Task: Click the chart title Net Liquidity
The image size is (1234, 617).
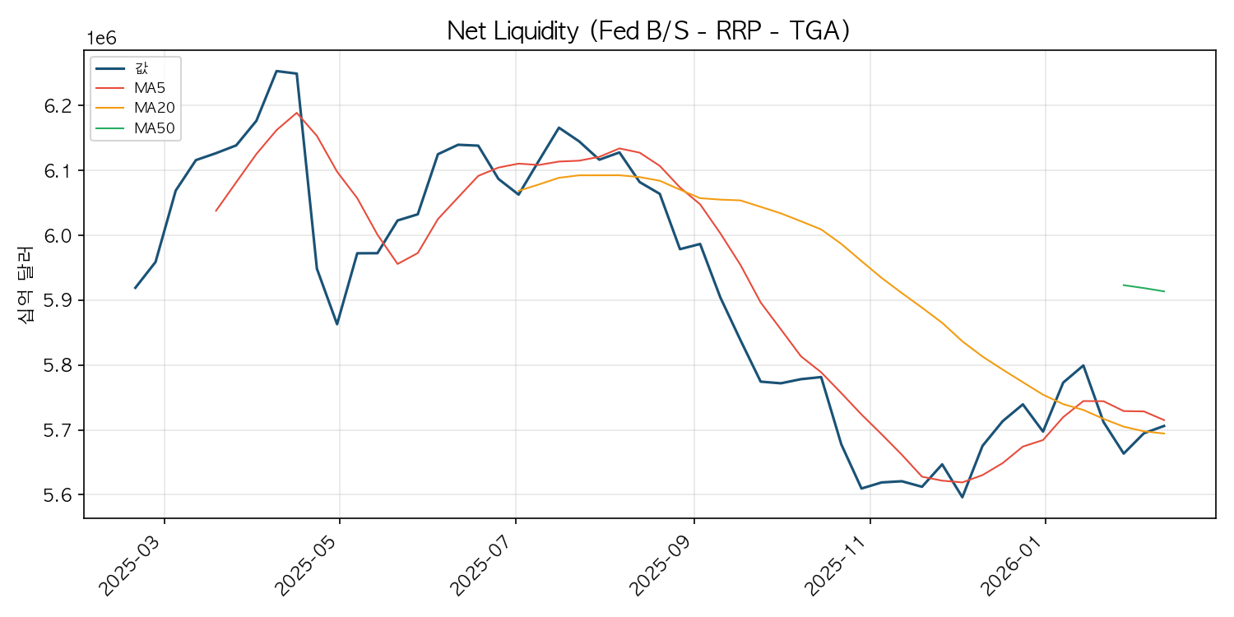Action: (x=648, y=31)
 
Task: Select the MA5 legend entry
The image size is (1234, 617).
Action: (x=150, y=87)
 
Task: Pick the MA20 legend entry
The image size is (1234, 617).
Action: (x=154, y=108)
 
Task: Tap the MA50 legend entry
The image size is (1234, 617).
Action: (x=154, y=128)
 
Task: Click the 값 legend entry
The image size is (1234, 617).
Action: (x=141, y=67)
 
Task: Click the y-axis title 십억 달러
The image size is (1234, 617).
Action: (x=27, y=285)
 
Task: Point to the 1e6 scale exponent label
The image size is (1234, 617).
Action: (x=102, y=39)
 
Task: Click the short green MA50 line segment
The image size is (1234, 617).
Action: (x=1144, y=288)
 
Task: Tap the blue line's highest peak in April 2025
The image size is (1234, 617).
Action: (x=276, y=71)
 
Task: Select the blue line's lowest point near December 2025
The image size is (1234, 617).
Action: (x=962, y=497)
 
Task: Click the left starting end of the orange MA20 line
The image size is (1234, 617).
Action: (x=519, y=190)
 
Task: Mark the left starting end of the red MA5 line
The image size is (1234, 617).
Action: (x=216, y=211)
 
